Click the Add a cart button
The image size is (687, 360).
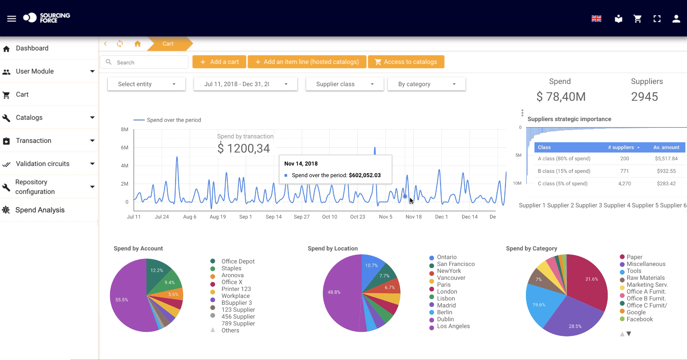[x=219, y=62]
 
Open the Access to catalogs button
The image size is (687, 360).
[x=406, y=62]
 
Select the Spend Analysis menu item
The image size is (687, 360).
[x=40, y=210]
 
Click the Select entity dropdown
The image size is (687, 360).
[x=147, y=84]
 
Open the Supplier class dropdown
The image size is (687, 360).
[x=345, y=84]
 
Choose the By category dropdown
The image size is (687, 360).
[x=426, y=84]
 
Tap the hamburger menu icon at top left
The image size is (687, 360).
[x=12, y=18]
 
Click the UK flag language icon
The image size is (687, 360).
[x=596, y=18]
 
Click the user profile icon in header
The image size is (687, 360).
[x=676, y=18]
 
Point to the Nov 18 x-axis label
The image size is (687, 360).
[x=413, y=217]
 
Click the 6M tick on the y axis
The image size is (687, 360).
[x=125, y=148]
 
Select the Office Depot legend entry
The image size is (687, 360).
[x=238, y=261]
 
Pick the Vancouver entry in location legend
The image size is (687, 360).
[x=451, y=278]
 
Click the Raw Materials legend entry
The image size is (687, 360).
[x=645, y=278]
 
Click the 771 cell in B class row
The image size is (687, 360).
[x=624, y=171]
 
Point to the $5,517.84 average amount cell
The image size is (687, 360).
[x=666, y=159]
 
